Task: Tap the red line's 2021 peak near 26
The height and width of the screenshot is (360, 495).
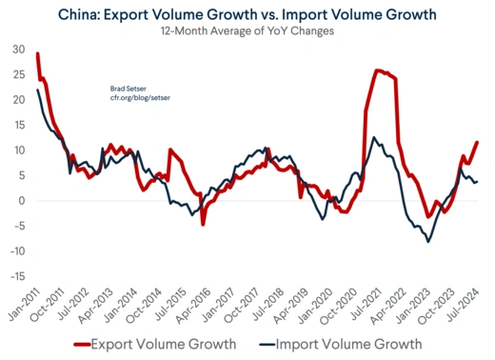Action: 378,70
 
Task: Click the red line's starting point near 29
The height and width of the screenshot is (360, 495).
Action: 37,53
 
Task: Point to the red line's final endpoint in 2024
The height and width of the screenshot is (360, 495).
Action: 477,142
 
